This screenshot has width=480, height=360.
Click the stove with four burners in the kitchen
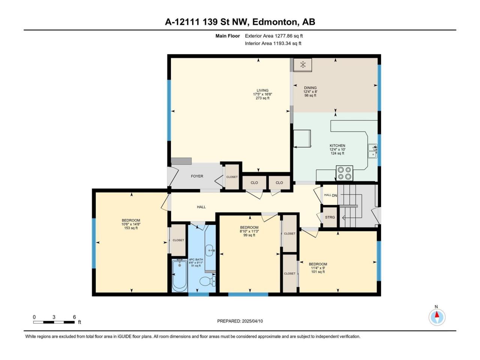click(344, 173)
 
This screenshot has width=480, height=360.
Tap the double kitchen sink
click(372, 151)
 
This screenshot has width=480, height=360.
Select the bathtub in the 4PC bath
click(179, 275)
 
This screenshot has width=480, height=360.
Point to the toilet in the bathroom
click(208, 281)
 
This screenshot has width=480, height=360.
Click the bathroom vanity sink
click(210, 250)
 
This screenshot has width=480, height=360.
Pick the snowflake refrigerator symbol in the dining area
click(303, 64)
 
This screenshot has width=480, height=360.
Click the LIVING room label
click(262, 90)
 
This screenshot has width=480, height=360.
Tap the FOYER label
click(197, 176)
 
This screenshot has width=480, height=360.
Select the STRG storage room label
click(330, 217)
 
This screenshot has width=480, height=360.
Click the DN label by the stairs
click(334, 196)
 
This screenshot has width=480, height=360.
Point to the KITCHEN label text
click(337, 145)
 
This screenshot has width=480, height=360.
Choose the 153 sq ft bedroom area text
click(131, 228)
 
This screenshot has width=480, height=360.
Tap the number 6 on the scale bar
click(74, 317)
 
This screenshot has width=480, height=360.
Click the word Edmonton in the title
click(274, 22)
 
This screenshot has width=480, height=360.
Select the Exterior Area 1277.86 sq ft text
click(274, 36)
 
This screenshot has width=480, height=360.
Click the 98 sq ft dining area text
click(310, 96)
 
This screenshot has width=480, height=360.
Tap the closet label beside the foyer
click(232, 177)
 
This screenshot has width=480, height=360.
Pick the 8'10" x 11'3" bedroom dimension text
click(249, 231)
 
